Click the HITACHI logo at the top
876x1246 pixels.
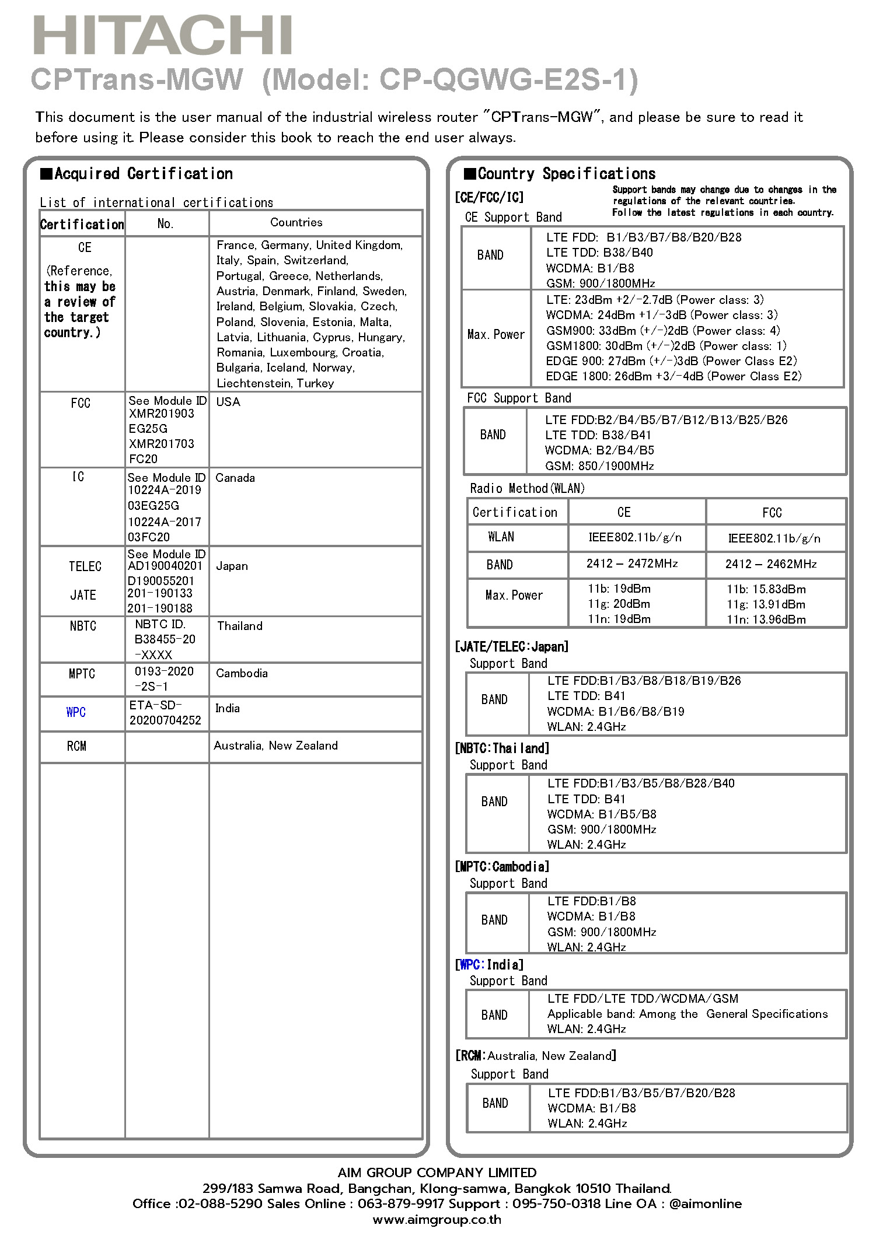(x=163, y=36)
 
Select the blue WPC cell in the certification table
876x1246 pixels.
(x=76, y=712)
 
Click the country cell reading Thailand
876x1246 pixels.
(x=240, y=626)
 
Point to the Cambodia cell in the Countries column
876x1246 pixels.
(x=242, y=673)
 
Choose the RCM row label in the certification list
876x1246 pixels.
(x=76, y=746)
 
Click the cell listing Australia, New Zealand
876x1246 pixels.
(x=275, y=745)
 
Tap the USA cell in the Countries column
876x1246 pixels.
(x=228, y=402)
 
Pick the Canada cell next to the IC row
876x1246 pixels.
(x=235, y=478)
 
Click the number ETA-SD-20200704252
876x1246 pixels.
(x=165, y=713)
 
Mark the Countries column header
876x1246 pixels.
(x=296, y=222)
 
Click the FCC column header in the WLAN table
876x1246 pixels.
(x=772, y=513)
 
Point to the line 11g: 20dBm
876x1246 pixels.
(x=619, y=604)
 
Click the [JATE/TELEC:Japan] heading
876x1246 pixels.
(x=511, y=646)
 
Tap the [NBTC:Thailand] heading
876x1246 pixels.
(x=502, y=748)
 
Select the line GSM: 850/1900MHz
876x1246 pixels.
(x=599, y=466)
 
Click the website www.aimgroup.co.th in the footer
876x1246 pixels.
(x=437, y=1220)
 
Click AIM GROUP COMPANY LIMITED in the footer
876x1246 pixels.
(x=437, y=1172)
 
